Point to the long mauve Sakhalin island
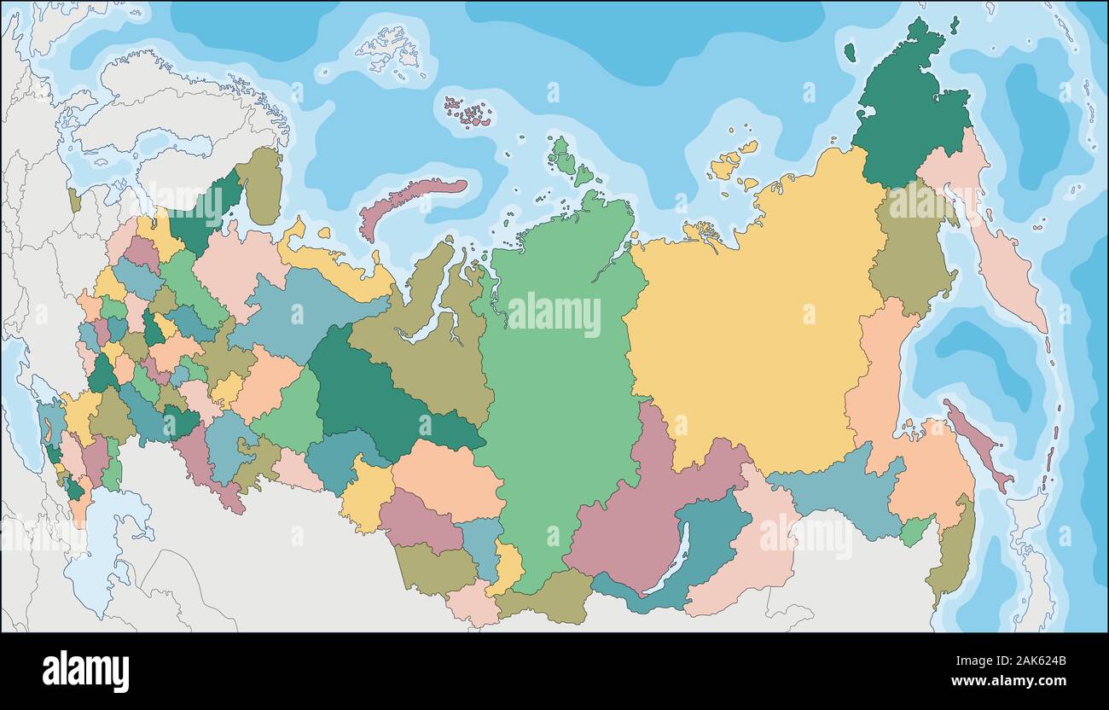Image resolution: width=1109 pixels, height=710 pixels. click(x=977, y=444)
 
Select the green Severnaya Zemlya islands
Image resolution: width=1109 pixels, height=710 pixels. click(x=567, y=162)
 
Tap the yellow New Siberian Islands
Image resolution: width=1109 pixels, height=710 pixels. click(x=729, y=162)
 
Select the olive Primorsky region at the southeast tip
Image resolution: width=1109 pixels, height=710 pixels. click(x=951, y=555)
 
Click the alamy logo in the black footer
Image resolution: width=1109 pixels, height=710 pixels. click(x=85, y=670)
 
